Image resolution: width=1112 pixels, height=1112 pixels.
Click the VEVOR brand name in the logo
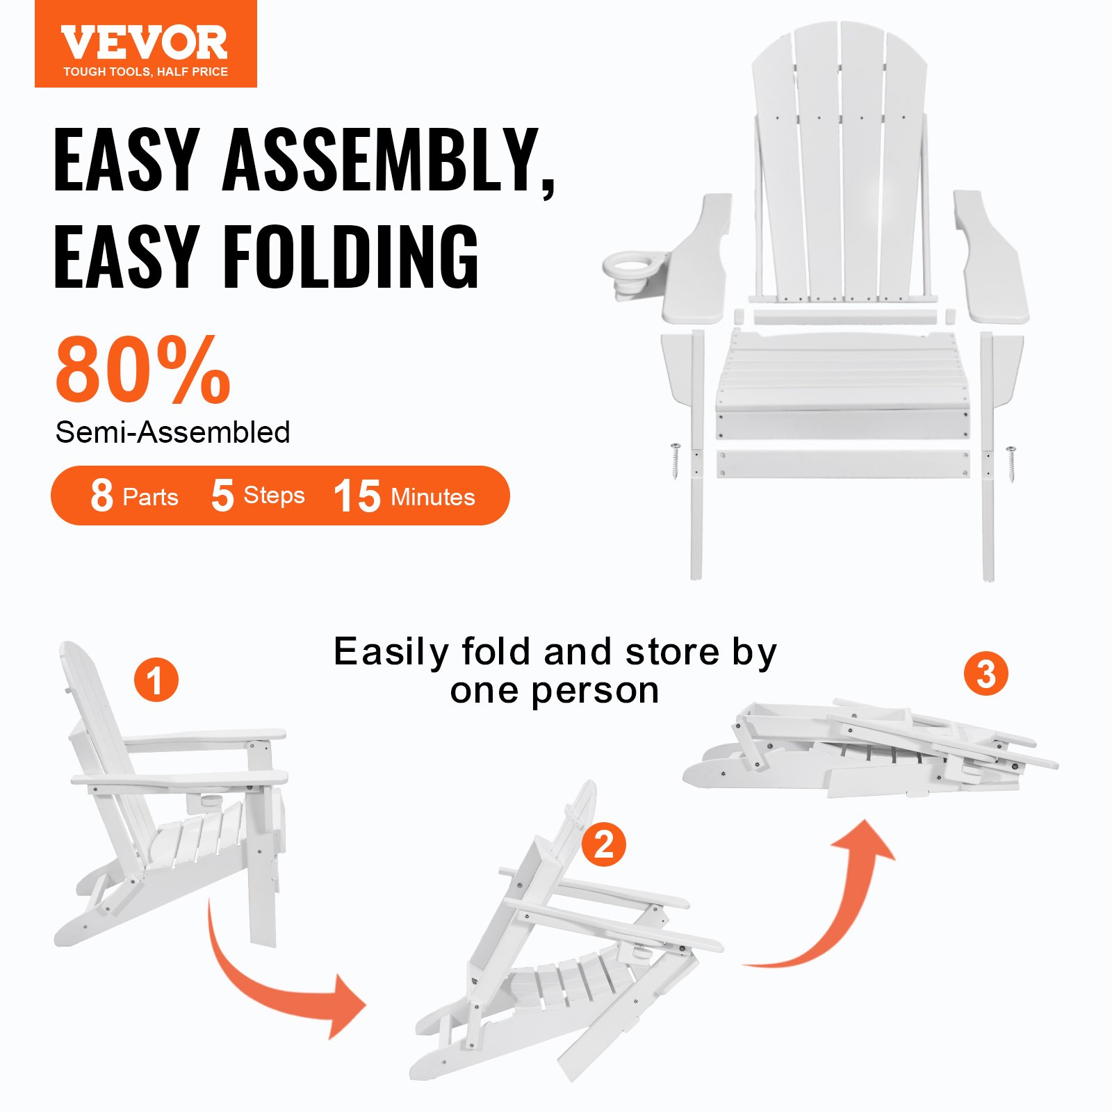click(145, 42)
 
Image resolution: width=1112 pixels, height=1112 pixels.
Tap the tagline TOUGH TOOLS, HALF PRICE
click(145, 72)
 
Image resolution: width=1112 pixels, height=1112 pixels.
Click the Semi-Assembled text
click(172, 432)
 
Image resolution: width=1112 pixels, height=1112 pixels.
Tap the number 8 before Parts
click(101, 496)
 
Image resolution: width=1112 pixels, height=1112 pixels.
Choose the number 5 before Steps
click(222, 496)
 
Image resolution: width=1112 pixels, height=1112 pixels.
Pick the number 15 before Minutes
click(357, 496)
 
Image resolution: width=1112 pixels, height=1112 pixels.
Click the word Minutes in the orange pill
click(433, 497)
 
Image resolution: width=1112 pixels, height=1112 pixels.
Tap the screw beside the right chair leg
click(1011, 464)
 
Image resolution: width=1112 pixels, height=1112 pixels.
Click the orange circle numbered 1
click(156, 680)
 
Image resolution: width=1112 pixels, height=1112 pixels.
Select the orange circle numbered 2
click(604, 844)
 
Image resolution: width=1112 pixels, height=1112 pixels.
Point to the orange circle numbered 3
click(986, 673)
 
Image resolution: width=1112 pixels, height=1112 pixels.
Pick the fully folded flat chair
click(869, 751)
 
